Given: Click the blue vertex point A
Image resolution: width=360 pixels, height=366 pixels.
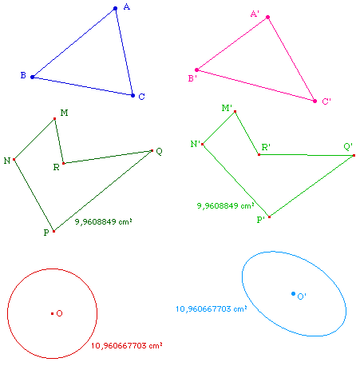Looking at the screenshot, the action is tap(115, 9).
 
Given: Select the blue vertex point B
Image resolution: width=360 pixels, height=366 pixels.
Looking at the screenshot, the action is tap(32, 77).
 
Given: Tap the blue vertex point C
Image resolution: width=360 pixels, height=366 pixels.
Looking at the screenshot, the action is tap(133, 95).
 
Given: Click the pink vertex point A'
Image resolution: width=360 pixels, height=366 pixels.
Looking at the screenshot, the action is tap(268, 18).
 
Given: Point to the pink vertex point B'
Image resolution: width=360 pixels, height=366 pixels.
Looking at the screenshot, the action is tap(196, 70).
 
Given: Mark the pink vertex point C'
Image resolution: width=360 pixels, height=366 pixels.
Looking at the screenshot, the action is tap(315, 101).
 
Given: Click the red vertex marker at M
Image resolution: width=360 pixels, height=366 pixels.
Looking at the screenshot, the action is tap(54, 118).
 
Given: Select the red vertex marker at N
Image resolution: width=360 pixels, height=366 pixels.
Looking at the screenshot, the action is tap(14, 159).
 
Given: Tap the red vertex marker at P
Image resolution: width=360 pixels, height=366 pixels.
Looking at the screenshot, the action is tap(53, 231).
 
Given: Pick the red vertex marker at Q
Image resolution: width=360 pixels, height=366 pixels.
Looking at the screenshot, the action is tap(152, 150).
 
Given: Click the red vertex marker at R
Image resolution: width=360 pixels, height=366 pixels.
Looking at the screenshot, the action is tap(63, 163).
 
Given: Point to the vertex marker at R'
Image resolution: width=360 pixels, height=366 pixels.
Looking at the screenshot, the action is tap(259, 154).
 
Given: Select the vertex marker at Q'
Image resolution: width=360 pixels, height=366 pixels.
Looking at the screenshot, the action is tap(354, 155).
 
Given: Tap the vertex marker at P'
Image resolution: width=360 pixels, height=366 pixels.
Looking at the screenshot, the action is tap(269, 217).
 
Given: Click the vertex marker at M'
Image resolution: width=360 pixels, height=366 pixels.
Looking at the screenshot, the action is tap(235, 112).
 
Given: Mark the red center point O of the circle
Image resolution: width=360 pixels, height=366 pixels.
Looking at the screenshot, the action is tap(52, 313).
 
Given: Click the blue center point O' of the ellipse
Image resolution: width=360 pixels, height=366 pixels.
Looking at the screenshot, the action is tap(293, 293).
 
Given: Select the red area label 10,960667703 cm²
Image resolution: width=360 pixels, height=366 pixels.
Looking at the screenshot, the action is tap(127, 345).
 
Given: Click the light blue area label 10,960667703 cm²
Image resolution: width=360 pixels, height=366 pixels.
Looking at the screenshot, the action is tap(212, 308).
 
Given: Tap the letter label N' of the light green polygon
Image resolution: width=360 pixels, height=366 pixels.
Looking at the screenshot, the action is tap(196, 144).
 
